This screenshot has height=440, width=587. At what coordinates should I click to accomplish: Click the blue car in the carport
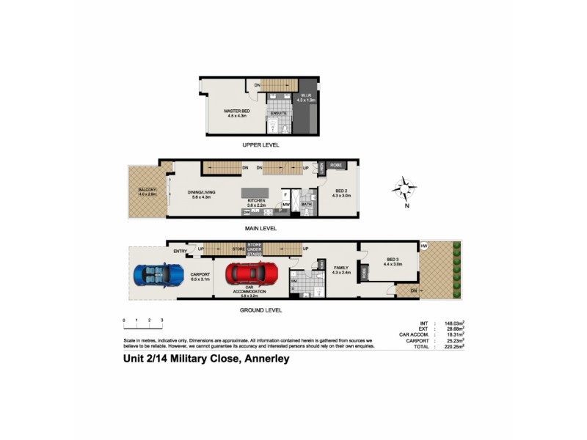click(159, 276)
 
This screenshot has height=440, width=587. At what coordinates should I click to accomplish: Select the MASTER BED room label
click(238, 111)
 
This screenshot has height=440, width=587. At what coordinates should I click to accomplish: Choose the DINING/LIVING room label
click(200, 194)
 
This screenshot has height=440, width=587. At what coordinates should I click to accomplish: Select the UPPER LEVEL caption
click(261, 145)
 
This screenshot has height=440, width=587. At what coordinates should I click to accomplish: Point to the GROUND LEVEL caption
click(261, 309)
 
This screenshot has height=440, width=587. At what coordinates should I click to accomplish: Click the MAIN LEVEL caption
click(261, 228)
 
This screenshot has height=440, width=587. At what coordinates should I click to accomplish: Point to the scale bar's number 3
click(161, 320)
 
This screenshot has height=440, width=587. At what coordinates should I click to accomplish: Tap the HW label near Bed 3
click(424, 246)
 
